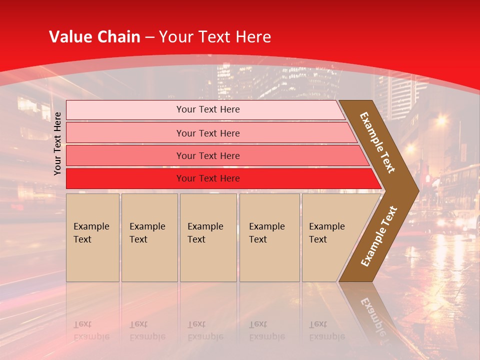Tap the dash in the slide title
149,37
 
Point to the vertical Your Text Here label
57,143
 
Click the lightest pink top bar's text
208,109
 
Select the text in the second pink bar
208,133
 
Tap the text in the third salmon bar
208,155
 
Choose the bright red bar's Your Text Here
208,178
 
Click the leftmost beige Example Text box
92,237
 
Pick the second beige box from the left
149,237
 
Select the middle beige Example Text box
208,237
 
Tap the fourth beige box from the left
269,237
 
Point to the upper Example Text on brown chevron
378,142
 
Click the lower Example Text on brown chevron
379,236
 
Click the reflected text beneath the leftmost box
91,330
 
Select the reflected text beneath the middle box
205,330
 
